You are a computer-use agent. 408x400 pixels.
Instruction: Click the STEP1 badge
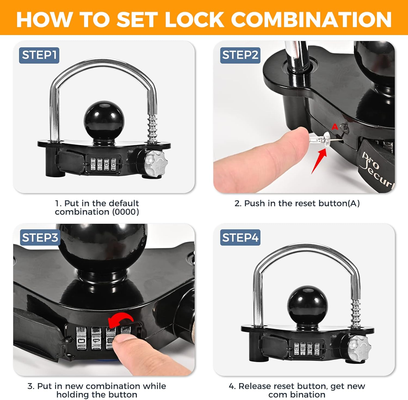coord(39,55)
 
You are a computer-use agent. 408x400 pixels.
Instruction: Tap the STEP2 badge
coord(240,55)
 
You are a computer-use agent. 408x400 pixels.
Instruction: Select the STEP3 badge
coord(40,238)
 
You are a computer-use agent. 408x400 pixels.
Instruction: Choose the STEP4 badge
coord(240,238)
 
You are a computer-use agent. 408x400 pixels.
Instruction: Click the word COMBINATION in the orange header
coord(311,20)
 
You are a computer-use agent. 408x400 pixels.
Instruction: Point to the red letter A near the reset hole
coord(335,126)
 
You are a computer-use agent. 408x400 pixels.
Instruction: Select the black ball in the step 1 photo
coord(104,118)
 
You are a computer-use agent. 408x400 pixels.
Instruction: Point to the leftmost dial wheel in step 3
coord(82,339)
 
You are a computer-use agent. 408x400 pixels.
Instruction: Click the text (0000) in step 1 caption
coord(125,212)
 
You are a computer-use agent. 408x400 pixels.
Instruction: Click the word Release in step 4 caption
coord(255,386)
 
